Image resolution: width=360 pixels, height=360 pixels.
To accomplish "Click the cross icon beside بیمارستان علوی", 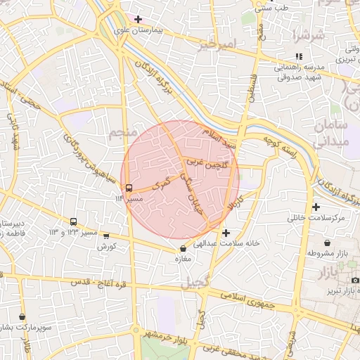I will click(138, 19).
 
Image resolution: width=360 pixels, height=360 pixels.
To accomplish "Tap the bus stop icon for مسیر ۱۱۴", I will click(129, 188).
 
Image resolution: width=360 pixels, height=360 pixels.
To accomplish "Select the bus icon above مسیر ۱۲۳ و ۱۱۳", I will click(74, 221).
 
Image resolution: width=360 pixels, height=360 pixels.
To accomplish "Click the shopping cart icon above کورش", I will click(106, 236).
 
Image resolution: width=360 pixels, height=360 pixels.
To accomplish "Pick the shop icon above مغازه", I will click(184, 248).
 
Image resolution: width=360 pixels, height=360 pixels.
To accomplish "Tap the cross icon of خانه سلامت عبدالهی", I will click(225, 233).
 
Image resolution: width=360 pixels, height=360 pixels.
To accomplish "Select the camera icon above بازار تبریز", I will click(355, 281).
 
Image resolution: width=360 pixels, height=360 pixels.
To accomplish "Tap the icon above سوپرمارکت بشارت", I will click(23, 317).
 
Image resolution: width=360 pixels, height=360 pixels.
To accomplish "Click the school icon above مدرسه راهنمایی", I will click(300, 56).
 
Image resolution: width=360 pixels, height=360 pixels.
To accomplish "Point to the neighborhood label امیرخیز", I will click(214, 46).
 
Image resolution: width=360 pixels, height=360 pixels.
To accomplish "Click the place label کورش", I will click(106, 247).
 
